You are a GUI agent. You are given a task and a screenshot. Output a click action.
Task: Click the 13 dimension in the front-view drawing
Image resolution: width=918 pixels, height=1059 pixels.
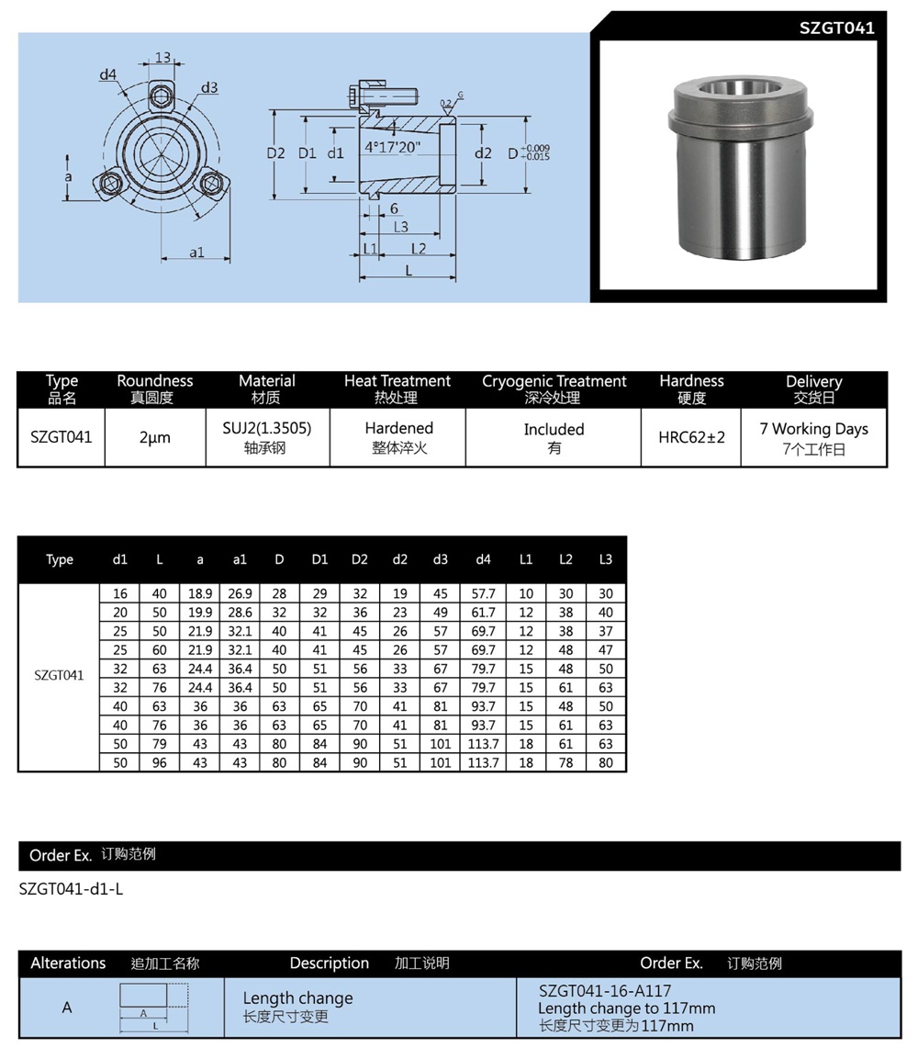[x=162, y=58]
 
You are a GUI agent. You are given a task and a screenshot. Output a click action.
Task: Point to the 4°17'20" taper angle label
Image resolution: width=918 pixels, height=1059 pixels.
[x=393, y=147]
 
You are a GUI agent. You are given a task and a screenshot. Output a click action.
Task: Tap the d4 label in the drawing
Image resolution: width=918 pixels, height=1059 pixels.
[x=108, y=74]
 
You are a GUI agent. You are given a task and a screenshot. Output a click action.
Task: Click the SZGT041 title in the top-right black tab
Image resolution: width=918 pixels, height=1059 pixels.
[x=836, y=28]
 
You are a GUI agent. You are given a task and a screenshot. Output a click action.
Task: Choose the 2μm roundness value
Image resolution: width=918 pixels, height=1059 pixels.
[x=155, y=438]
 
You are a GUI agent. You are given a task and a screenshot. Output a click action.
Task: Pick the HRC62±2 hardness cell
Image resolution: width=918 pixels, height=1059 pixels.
[x=691, y=437]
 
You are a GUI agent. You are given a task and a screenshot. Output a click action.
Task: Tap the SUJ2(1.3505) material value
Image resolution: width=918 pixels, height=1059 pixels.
[x=267, y=428]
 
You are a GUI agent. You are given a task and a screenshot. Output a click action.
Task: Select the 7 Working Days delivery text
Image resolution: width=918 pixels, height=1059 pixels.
[x=813, y=429]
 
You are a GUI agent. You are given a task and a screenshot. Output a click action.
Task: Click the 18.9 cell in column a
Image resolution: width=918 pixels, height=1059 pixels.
[x=200, y=593]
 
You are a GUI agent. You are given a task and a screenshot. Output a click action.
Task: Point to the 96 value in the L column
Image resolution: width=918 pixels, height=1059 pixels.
[x=160, y=762]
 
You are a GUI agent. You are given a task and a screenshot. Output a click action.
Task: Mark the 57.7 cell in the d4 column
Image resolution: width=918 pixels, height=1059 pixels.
[x=483, y=593]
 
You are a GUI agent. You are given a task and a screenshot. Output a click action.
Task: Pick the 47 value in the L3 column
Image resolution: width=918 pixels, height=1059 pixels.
[x=605, y=649]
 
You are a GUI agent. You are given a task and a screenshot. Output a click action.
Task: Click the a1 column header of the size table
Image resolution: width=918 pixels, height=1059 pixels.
[x=240, y=559]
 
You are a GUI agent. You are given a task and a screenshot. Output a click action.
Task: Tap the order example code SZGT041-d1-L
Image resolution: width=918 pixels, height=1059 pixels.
[x=71, y=889]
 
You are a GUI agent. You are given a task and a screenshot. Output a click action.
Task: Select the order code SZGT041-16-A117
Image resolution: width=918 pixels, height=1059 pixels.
[x=605, y=991]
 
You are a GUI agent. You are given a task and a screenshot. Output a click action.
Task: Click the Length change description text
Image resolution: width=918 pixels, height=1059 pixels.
[x=297, y=998]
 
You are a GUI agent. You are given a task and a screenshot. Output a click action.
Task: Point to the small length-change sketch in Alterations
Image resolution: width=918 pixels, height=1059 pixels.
[x=154, y=1007]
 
